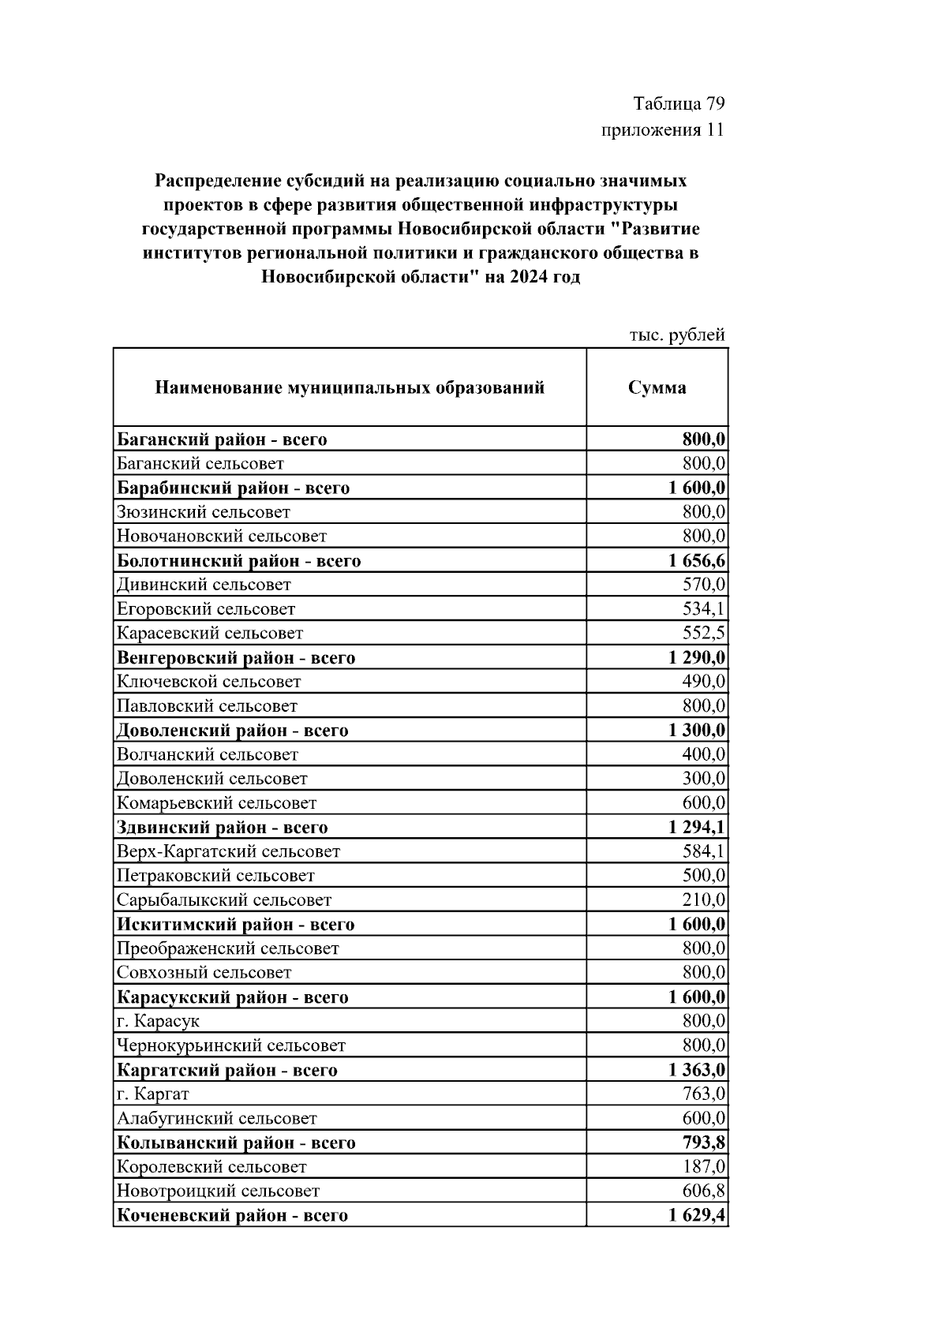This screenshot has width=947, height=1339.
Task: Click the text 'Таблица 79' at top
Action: coord(679,104)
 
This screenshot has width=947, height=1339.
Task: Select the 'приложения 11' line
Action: coord(663,129)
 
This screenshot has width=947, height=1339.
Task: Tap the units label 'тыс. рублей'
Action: coord(677,335)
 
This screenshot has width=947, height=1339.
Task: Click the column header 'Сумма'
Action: coord(657,387)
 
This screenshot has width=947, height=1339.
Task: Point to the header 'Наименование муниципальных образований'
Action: coord(350,387)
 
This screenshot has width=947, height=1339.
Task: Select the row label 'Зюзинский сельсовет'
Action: coord(204,512)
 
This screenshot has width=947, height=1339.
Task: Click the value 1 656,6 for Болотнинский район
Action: coord(697,561)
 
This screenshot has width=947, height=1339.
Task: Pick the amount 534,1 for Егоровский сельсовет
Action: coord(704,609)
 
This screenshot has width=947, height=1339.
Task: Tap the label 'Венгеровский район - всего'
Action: coord(236,658)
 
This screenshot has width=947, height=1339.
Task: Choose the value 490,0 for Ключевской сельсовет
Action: coord(704,682)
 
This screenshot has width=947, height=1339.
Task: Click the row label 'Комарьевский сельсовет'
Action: coord(216,803)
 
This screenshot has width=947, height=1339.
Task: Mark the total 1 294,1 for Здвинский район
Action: coord(697,828)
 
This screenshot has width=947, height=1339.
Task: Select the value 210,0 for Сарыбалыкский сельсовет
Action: coord(704,900)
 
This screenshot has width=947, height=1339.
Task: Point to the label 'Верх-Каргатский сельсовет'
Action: coord(228,852)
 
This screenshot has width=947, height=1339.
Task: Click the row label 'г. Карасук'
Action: coord(158,1022)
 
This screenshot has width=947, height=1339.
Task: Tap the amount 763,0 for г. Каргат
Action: coord(704,1094)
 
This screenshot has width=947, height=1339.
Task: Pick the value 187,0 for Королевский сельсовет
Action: coord(704,1167)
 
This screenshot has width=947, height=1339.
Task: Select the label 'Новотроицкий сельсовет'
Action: coord(218,1191)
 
